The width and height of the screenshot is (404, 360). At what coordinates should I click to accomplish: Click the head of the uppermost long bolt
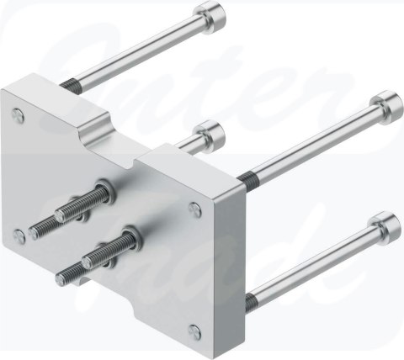(x=208, y=16)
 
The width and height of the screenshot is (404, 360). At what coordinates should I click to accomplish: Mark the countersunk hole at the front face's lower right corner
(x=194, y=330)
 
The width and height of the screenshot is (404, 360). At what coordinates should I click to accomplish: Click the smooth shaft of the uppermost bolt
(x=143, y=50)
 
